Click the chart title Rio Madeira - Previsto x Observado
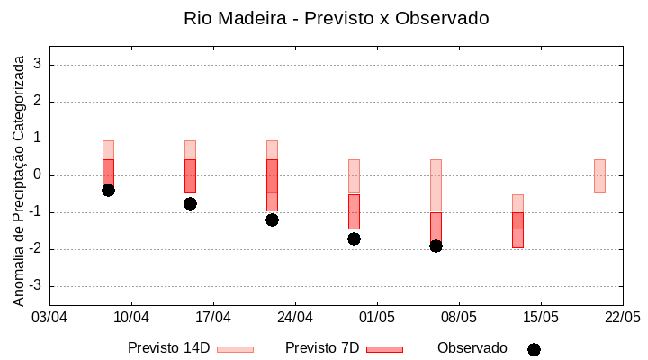click(x=336, y=18)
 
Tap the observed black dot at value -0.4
click(x=108, y=190)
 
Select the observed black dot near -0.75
click(x=190, y=203)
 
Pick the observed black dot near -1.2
click(x=272, y=220)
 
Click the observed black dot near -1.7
click(x=354, y=238)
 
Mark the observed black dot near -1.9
click(x=436, y=246)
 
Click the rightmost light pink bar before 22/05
click(x=599, y=175)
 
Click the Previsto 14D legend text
click(x=168, y=348)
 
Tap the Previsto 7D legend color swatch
click(x=384, y=349)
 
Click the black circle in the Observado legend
click(x=534, y=349)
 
